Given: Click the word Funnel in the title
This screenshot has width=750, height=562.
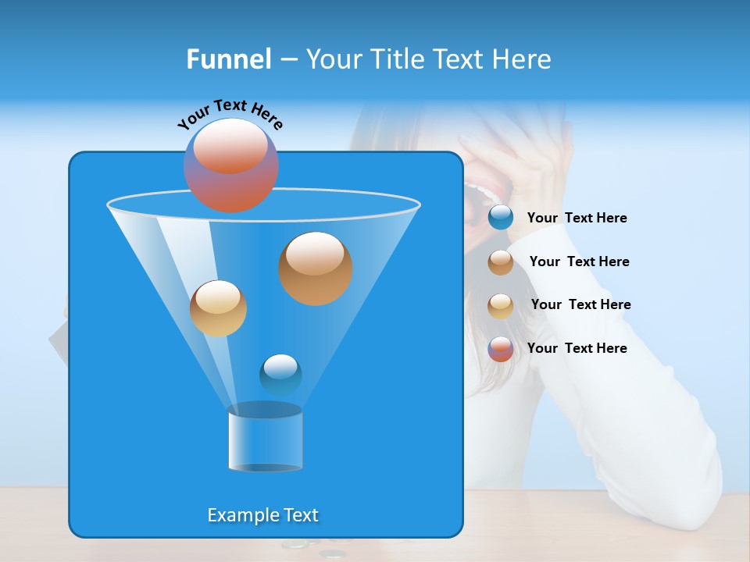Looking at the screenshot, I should (228, 59).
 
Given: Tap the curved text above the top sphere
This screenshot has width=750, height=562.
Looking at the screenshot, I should (230, 114).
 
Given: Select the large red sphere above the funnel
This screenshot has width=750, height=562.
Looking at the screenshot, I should (230, 165).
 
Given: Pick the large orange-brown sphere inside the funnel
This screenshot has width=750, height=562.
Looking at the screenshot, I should (315, 268).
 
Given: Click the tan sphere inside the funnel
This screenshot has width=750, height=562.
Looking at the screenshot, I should (218, 308).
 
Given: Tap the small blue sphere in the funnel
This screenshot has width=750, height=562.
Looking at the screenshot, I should (280, 375).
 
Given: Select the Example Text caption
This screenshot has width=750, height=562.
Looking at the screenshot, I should (262, 515).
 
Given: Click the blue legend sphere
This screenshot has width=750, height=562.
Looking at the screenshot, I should (501, 218).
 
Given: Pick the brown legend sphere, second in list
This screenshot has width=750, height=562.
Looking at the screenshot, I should (501, 262).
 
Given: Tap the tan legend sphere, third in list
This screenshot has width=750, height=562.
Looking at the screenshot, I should (501, 305).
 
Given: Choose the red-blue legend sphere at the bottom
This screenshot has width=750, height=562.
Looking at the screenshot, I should (501, 349).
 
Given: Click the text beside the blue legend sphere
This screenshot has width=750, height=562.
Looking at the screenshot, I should (577, 218).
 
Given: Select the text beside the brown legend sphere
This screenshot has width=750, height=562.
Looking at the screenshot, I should (579, 261).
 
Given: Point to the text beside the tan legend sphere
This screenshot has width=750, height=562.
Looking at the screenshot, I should (580, 304).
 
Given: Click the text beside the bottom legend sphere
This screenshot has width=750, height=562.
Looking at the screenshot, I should (577, 348).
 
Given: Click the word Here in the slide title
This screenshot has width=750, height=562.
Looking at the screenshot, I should (523, 59).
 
